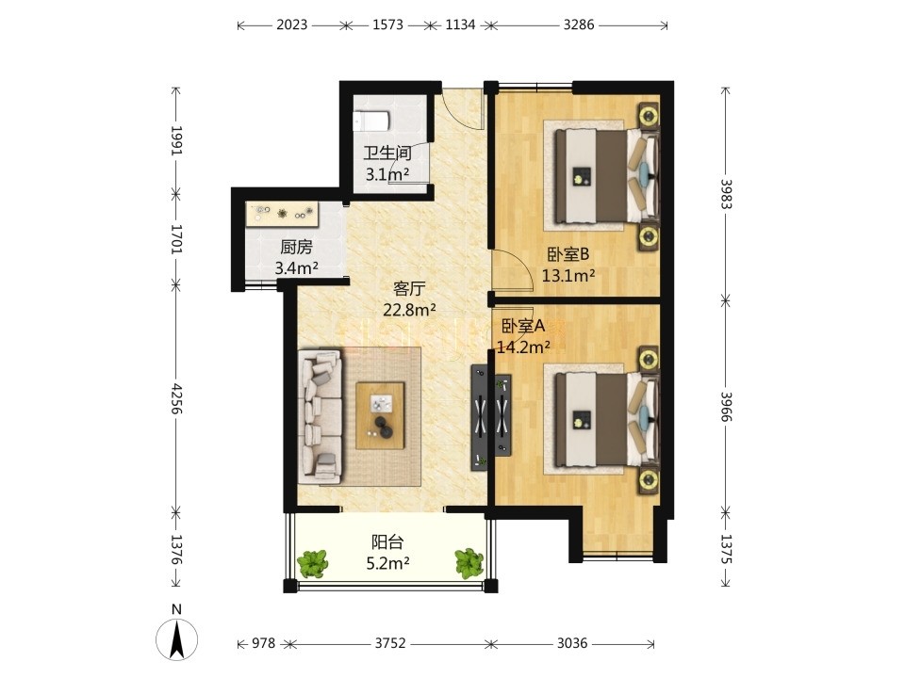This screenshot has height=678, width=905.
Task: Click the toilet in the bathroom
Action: coord(371,121)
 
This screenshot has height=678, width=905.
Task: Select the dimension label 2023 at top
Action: coord(291,24)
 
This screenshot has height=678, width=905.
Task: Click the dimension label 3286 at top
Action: coord(578,24)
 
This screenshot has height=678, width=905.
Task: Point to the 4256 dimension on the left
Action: coord(176,398)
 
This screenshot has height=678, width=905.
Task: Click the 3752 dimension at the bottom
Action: coord(390,643)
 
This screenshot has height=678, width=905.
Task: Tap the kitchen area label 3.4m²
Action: coord(297,267)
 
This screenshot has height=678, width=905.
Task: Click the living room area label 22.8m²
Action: coord(409,310)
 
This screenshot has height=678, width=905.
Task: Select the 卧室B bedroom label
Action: coord(568,253)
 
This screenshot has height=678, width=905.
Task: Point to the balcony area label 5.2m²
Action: coord(387,563)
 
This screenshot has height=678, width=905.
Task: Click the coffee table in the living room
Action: coord(380,415)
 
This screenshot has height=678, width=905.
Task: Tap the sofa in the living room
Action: coord(321,416)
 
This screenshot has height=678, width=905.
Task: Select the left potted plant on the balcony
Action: coord(313,563)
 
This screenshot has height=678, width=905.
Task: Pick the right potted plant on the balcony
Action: coord(469,563)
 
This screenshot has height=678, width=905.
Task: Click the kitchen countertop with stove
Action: coord(282,214)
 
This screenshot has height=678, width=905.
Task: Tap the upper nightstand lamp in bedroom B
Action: coord(649,117)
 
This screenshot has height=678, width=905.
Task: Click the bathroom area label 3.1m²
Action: coord(387,173)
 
